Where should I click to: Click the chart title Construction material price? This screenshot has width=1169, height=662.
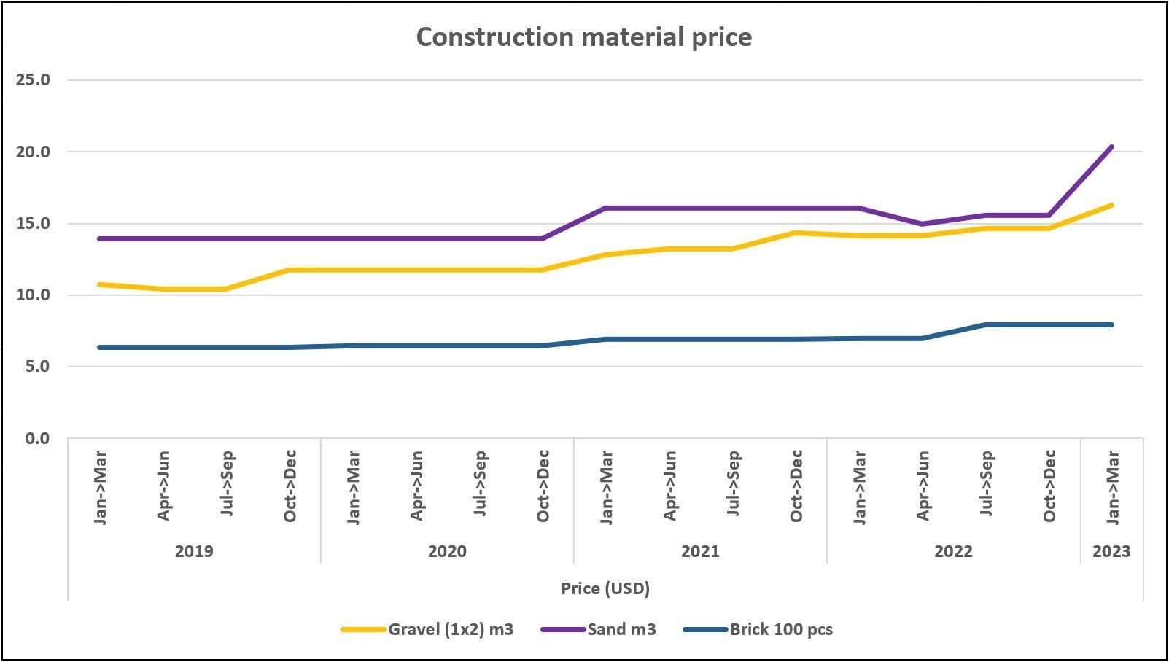(x=583, y=37)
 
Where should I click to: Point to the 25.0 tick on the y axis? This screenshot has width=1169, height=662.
(x=33, y=80)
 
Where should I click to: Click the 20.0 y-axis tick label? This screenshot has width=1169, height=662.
(x=33, y=152)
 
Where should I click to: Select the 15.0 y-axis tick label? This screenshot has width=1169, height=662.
(x=33, y=223)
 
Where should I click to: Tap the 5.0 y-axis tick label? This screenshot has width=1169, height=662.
(x=37, y=367)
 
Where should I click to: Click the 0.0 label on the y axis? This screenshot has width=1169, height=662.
(x=37, y=438)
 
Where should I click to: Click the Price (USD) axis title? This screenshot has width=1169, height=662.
(x=605, y=588)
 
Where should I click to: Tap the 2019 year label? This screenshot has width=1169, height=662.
(x=194, y=551)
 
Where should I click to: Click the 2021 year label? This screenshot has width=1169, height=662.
(x=700, y=551)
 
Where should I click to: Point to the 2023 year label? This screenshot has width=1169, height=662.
(x=1111, y=551)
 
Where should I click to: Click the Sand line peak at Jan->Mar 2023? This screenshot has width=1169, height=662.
(x=1111, y=147)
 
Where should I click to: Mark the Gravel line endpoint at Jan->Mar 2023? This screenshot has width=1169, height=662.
(x=1111, y=206)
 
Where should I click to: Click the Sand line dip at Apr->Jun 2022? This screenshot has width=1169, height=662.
(x=923, y=224)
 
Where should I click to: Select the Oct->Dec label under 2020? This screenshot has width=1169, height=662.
(x=543, y=486)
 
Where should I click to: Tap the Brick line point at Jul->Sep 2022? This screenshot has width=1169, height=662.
(x=986, y=324)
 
